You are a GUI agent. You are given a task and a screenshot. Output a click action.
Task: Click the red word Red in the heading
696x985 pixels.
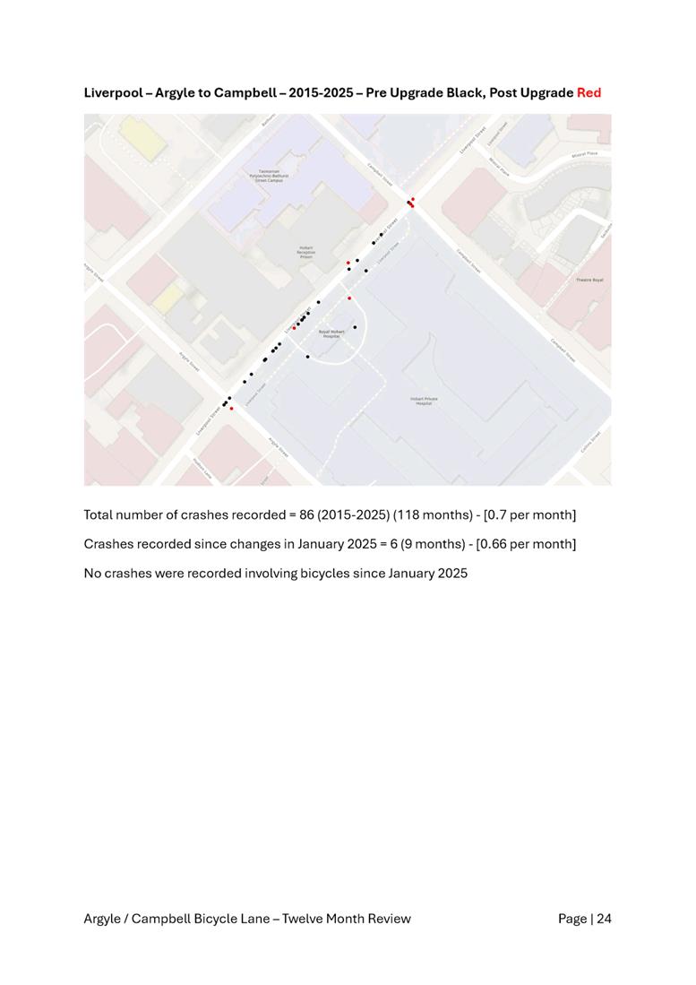click(589, 93)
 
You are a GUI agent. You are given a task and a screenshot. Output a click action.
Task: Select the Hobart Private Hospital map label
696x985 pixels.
click(424, 401)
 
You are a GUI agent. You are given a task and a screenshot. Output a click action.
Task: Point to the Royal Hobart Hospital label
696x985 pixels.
click(331, 333)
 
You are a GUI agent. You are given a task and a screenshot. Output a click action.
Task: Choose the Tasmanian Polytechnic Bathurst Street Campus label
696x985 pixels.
click(271, 176)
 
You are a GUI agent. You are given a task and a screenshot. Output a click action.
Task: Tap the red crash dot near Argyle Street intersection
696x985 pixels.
click(231, 409)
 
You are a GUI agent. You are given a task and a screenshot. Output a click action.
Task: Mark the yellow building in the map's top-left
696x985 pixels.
click(137, 135)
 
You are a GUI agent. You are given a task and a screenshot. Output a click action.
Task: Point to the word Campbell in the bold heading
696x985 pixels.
click(244, 93)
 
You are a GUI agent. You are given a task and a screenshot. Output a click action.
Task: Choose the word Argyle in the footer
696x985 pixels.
click(103, 919)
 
